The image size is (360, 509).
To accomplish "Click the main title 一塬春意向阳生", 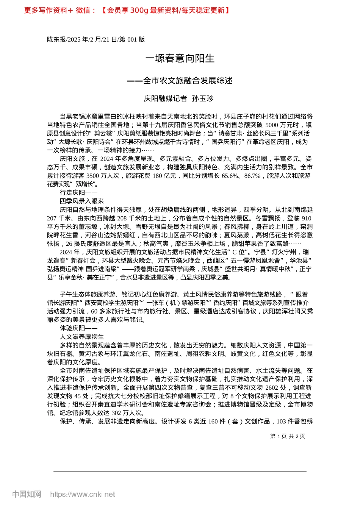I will pos(180,58).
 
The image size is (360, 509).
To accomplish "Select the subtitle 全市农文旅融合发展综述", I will pos(188,81).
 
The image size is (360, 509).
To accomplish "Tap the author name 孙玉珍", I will pos(203,99).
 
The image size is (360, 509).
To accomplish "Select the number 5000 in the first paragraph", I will pos(272,125).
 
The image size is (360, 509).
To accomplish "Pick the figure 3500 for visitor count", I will pos(93,176).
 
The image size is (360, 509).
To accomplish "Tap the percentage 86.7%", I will pos(252,176).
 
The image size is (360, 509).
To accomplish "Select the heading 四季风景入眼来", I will pos(82,201).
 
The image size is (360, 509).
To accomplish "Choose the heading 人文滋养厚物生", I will pos(82,337).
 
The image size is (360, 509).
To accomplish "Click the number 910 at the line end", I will pos(306,218).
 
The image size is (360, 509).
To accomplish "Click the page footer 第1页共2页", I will pos(288,436).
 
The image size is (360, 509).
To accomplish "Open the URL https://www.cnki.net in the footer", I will pos(83,494).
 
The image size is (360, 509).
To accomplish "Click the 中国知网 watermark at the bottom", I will pos(27,494).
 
